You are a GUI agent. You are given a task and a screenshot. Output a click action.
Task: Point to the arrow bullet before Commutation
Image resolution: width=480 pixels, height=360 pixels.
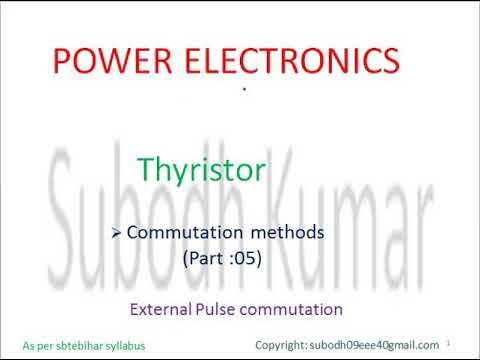click(117, 232)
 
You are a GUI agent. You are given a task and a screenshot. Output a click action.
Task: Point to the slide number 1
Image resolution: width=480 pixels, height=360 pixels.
click(462, 341)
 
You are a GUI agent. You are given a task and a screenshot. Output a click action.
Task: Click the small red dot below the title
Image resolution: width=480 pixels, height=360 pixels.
click(244, 90)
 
